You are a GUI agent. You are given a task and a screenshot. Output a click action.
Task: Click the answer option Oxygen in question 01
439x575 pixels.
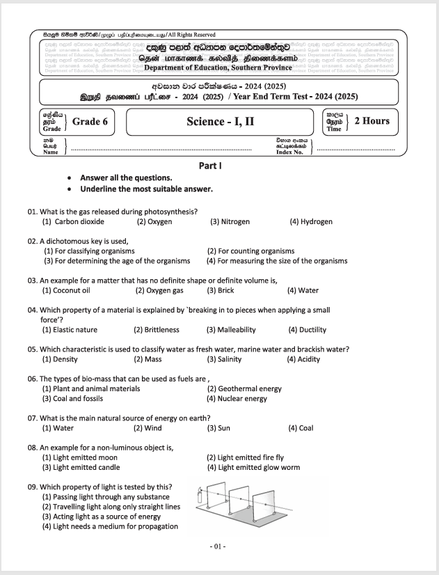(154, 221)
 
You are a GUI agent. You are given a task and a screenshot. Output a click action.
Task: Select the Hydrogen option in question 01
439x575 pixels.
(311, 221)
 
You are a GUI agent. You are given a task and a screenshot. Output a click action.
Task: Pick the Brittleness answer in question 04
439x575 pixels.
(157, 330)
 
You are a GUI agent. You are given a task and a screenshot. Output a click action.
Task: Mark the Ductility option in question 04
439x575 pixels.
(308, 330)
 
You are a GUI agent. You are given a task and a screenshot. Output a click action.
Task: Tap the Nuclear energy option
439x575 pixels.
(237, 399)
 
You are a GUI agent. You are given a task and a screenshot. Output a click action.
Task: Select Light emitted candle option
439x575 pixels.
(79, 467)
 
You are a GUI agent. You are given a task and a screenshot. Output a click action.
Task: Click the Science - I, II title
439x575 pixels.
(220, 121)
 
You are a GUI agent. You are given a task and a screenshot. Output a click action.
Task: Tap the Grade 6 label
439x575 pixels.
(90, 121)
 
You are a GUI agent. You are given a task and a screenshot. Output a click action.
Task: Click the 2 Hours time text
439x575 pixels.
(372, 121)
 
